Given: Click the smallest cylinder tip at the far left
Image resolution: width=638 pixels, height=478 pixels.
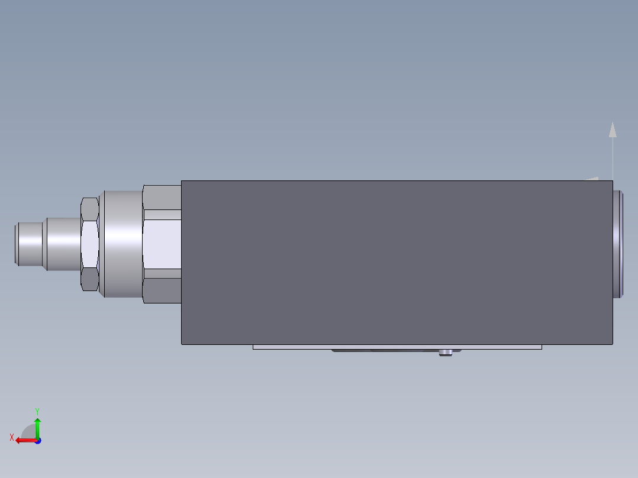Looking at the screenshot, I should tap(28, 244).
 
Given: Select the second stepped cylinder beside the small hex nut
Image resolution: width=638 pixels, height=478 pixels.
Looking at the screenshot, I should tap(63, 244).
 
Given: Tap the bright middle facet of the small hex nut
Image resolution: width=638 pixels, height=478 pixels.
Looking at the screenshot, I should tap(89, 244).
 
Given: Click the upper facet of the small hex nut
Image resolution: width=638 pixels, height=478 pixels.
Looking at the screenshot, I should tap(89, 209).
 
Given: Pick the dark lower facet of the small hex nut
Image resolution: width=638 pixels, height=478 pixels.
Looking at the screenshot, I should tap(89, 279).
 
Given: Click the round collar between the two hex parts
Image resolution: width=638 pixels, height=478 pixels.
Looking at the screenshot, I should tap(122, 244).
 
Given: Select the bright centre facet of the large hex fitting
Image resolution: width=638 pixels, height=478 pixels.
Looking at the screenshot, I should tap(162, 244).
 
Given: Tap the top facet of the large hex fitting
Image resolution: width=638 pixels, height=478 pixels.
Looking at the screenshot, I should tap(162, 197).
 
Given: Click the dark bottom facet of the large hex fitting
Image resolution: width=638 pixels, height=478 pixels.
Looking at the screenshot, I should tap(162, 290).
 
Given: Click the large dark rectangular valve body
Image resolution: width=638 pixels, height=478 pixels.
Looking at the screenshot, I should tap(397, 262).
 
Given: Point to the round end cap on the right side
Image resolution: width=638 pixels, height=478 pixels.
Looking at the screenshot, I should tap(618, 244).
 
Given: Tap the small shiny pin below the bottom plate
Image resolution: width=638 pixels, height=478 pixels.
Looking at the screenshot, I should tap(446, 353).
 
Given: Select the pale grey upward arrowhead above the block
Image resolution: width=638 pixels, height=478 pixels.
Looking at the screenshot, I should tap(613, 130).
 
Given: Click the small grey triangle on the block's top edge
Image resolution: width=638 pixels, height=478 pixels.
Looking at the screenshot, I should tap(592, 178).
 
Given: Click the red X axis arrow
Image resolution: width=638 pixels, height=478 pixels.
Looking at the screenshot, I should tap(24, 440).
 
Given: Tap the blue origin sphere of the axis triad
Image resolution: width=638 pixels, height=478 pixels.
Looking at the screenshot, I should tap(37, 441).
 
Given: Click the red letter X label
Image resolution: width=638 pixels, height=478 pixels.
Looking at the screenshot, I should tap(12, 437).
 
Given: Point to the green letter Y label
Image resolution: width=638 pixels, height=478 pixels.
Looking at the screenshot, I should tap(37, 410).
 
